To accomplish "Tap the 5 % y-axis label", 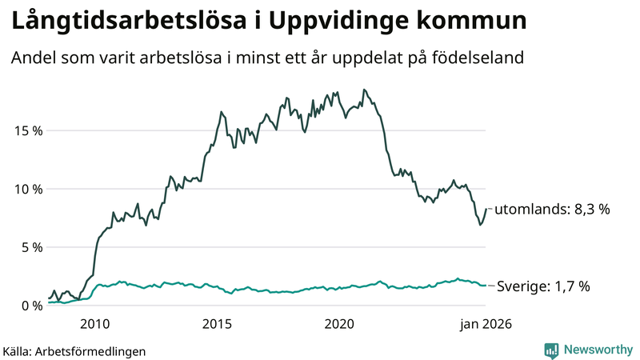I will pos(30,247).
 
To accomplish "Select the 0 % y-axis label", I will pos(30,306).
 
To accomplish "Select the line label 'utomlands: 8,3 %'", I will pos(552,210).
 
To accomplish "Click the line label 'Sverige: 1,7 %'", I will pos(544,286).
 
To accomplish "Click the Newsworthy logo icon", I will pos(551,350).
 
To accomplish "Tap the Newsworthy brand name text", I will pos(596,350).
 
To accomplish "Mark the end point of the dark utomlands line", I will pos(486,209).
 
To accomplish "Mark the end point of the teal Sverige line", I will pos(486,286).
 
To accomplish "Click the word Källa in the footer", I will pos(18,350).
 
